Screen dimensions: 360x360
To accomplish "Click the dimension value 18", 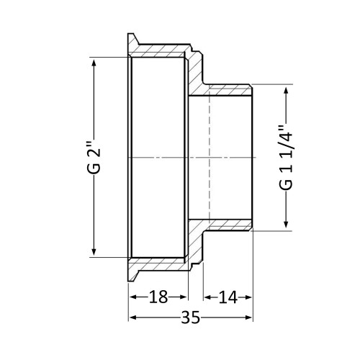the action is [158, 297].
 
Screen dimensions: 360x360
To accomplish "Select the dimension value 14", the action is [228, 297].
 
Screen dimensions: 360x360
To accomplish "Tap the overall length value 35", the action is [190, 318].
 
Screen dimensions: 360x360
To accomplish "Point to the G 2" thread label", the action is [94, 157].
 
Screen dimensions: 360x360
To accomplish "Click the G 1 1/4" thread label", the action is [286, 157].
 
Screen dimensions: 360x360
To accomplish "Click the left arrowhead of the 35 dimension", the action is [133, 318].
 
